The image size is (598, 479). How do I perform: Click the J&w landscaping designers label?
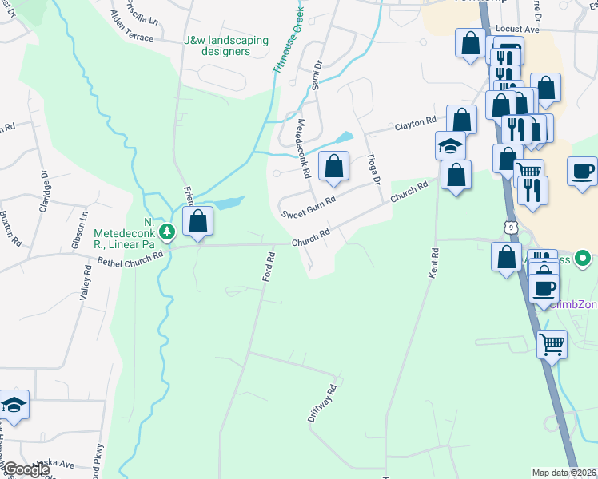click(217, 46)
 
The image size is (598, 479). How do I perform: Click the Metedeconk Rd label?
click(303, 148)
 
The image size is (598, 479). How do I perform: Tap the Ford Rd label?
click(269, 267)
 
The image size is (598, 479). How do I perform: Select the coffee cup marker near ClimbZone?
click(544, 288)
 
